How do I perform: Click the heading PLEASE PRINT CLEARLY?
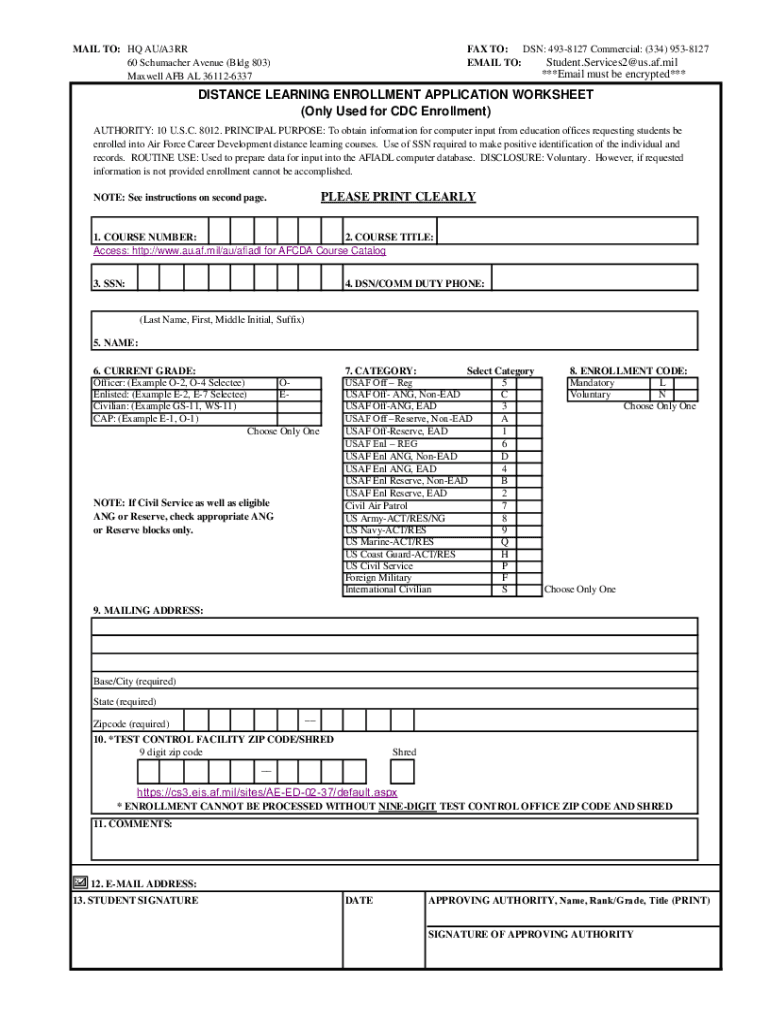click(x=397, y=197)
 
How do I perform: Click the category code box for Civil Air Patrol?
click(x=504, y=506)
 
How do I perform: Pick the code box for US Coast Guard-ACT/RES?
click(x=504, y=554)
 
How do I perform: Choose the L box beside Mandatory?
click(x=661, y=383)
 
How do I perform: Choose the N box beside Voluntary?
click(x=661, y=395)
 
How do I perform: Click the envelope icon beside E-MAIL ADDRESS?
click(x=80, y=883)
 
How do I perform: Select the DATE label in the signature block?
click(x=359, y=901)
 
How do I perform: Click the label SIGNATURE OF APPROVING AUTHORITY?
click(x=530, y=934)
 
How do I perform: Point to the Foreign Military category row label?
click(x=378, y=578)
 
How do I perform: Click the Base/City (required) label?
click(x=134, y=681)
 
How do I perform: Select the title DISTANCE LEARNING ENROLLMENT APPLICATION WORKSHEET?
click(x=395, y=95)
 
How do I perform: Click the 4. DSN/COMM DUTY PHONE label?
click(x=414, y=284)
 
